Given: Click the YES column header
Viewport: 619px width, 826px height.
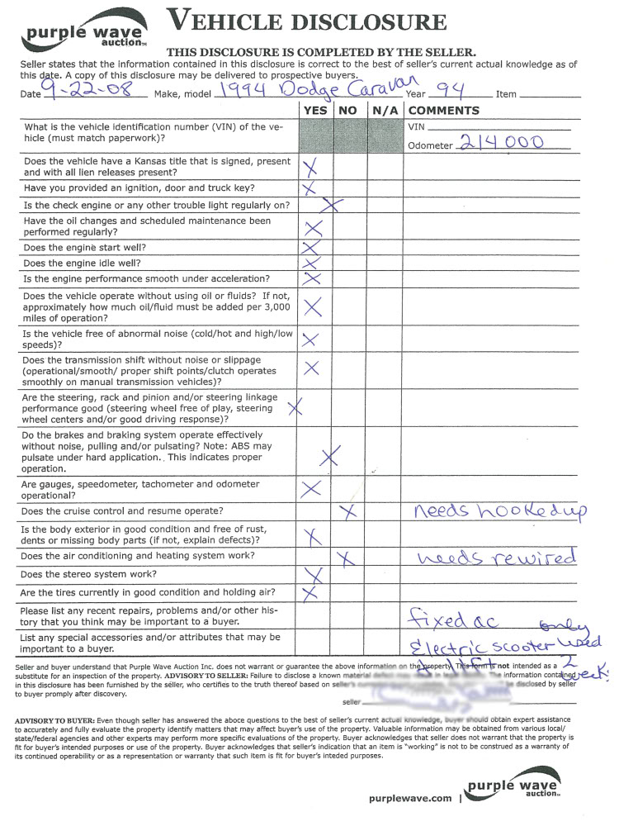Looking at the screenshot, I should coord(315,111).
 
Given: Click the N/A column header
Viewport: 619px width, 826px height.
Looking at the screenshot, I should coord(385,111).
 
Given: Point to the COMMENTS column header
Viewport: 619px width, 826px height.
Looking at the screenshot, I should coord(443,111).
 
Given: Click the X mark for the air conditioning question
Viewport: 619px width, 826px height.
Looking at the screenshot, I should coord(347,558).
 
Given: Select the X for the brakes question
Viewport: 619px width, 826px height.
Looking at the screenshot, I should coord(330,456).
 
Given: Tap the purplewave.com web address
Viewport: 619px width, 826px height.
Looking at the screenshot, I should coord(409,798).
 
